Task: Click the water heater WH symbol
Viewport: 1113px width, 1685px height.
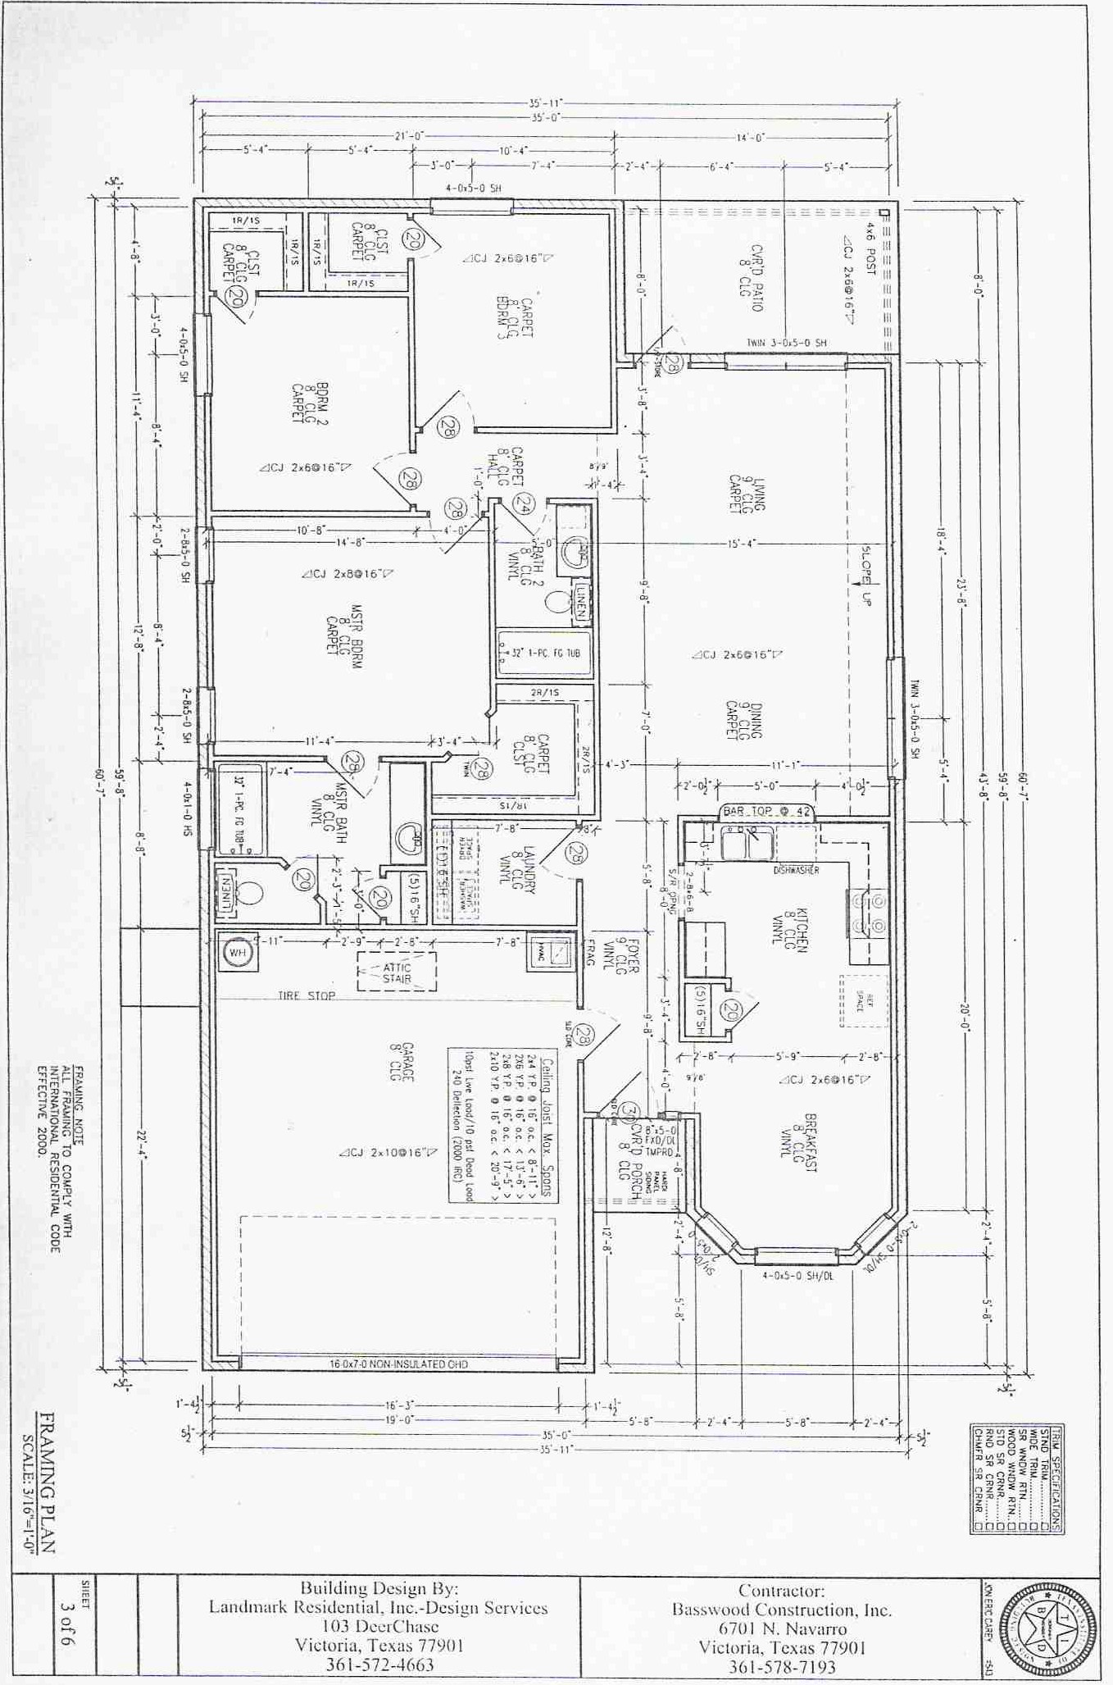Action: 237,953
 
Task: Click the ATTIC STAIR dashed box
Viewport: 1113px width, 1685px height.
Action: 397,972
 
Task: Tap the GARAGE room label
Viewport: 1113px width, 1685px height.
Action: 402,1062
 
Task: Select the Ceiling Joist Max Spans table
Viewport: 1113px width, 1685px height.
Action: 502,1124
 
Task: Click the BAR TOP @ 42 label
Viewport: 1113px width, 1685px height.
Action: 767,811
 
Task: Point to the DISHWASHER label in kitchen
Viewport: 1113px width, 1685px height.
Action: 796,870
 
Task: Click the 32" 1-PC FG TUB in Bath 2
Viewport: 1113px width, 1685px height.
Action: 544,654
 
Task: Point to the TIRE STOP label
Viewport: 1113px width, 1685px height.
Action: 307,995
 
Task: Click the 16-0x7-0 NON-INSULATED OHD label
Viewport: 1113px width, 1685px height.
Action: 399,1364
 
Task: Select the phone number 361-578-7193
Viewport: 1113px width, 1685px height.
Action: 781,1667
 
